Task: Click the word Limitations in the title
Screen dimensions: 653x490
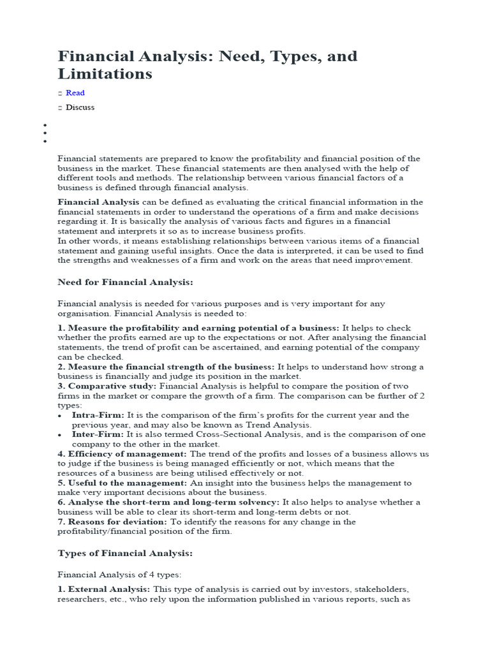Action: (105, 73)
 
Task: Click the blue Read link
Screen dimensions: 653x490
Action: (75, 93)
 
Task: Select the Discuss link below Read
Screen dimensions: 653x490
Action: (80, 107)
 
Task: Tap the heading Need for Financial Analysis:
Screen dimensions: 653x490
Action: (125, 282)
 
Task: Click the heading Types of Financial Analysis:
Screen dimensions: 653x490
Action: (125, 553)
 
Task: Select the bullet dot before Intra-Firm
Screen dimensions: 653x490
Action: (60, 416)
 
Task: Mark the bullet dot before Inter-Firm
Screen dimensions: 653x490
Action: (60, 435)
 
